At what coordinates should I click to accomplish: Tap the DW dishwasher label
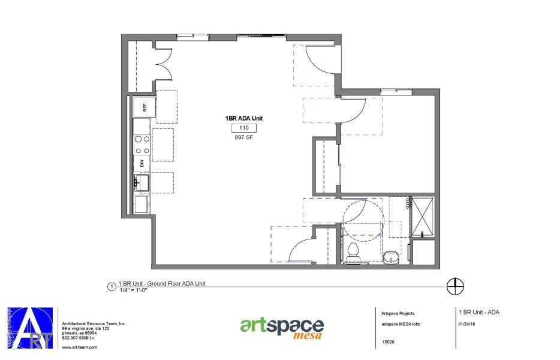pyautogui.click(x=142, y=163)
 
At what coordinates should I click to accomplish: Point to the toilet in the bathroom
pyautogui.click(x=353, y=250)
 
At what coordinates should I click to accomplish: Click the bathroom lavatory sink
pyautogui.click(x=390, y=257)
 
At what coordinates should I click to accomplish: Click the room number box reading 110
pyautogui.click(x=243, y=128)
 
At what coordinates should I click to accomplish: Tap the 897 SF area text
pyautogui.click(x=243, y=137)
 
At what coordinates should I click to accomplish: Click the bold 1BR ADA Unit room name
pyautogui.click(x=243, y=119)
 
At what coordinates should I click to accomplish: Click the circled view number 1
pyautogui.click(x=110, y=286)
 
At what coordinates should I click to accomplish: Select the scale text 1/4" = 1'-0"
pyautogui.click(x=133, y=290)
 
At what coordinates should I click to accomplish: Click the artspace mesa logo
pyautogui.click(x=282, y=328)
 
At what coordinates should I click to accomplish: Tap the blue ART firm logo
pyautogui.click(x=30, y=328)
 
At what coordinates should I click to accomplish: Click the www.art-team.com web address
pyautogui.click(x=80, y=347)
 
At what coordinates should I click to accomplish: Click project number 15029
pyautogui.click(x=388, y=343)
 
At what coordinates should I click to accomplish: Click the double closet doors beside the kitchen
pyautogui.click(x=163, y=64)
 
